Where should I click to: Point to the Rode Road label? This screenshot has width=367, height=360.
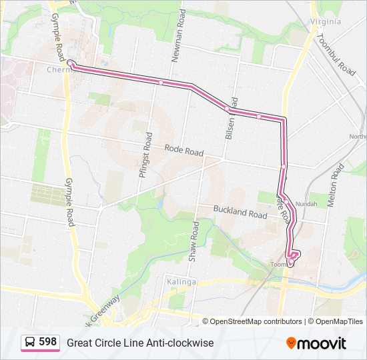coord(183,151)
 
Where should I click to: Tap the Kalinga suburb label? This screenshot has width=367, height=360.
coord(181,281)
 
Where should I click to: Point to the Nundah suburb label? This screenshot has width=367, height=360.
coord(307,203)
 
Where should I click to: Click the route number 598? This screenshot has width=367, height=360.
coord(47,342)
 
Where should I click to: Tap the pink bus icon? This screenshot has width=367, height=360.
coord(29,343)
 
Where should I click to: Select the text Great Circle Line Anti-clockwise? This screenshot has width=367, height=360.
coord(140,343)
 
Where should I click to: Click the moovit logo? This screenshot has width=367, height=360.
coord(316,343)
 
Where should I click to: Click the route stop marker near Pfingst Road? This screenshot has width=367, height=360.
coord(161,82)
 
